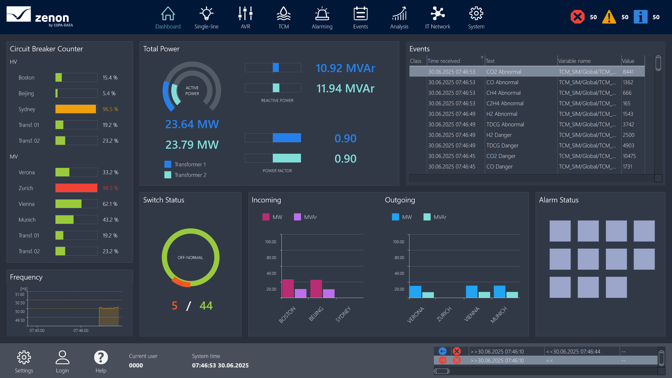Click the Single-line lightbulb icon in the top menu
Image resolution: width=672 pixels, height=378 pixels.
tap(206, 14)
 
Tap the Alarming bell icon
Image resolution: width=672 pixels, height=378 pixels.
tap(322, 14)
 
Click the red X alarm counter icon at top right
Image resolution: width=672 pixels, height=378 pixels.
tap(577, 17)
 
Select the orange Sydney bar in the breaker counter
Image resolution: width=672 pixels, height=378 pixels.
tap(76, 109)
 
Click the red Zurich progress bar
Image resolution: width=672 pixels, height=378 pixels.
tap(76, 188)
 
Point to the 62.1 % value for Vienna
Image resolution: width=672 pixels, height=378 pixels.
tap(110, 204)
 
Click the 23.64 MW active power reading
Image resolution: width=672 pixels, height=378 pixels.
tap(192, 124)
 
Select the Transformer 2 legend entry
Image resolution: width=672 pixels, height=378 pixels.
tap(190, 175)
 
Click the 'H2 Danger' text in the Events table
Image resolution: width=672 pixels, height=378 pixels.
tap(499, 135)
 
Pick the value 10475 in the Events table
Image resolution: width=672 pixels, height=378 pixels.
tap(629, 156)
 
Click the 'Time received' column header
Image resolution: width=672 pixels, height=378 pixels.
tap(444, 61)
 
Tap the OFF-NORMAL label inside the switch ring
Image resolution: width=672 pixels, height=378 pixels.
tap(190, 258)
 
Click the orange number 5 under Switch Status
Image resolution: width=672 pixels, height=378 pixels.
tap(175, 306)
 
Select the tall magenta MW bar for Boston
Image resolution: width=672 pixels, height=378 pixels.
tap(288, 289)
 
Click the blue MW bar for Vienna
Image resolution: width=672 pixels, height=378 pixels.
tap(471, 292)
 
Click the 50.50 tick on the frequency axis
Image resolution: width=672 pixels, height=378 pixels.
tap(20, 303)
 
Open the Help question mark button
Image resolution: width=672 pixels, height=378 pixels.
tap(101, 357)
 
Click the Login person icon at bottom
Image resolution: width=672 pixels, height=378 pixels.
tap(62, 357)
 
